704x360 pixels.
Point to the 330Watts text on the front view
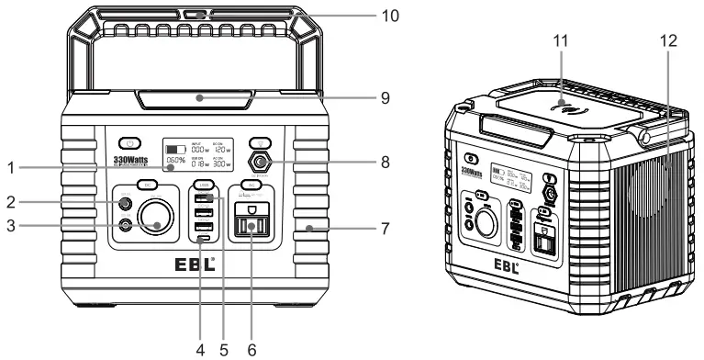point(131,160)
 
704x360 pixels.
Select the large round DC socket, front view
point(157,221)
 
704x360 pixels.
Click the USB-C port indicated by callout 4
point(204,241)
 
